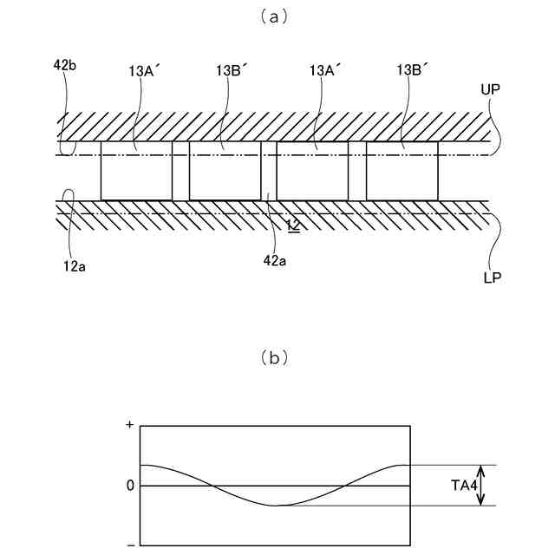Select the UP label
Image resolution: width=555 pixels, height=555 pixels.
coord(492,89)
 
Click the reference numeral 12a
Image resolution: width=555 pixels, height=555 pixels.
coord(73,266)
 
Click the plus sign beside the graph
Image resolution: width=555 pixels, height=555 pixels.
coord(130,426)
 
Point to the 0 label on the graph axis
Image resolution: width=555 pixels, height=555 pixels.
coord(130,486)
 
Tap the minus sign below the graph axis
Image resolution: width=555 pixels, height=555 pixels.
coord(130,544)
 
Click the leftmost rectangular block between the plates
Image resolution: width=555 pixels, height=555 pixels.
coord(136,171)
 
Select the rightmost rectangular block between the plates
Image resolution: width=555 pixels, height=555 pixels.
coord(402,171)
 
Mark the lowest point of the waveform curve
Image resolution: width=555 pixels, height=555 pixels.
coord(275,506)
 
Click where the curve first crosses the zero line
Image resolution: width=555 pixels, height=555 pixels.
coord(211,486)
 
